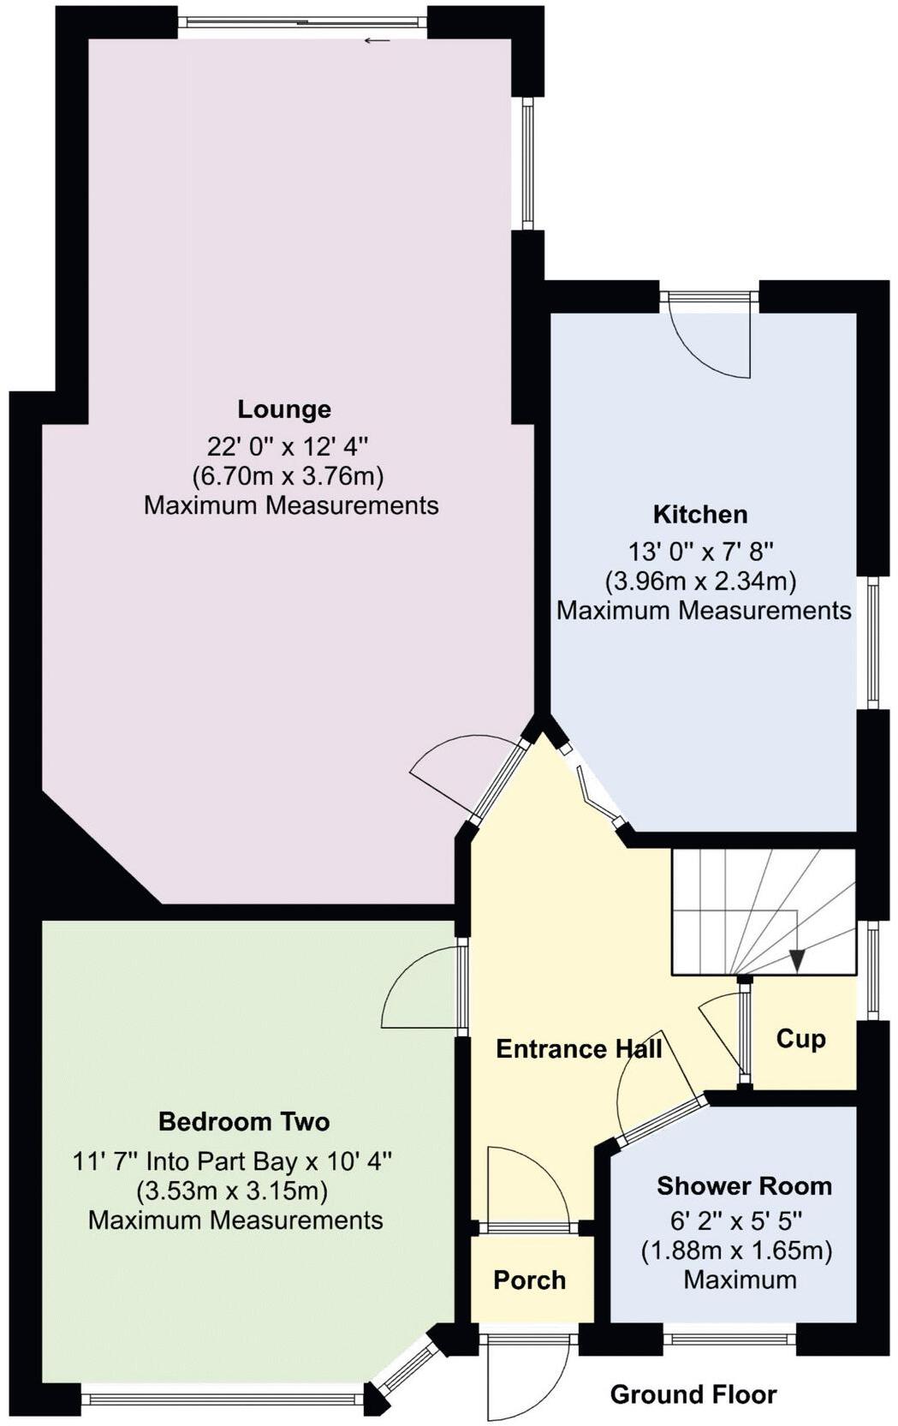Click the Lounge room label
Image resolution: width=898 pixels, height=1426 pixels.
[284, 409]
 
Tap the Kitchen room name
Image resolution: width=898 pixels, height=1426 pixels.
[700, 515]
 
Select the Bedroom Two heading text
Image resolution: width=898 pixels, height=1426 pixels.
[244, 1121]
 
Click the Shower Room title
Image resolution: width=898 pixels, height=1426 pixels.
[744, 1186]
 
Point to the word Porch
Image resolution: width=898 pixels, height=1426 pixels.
[529, 1280]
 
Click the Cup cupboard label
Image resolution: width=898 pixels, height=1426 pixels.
[800, 1039]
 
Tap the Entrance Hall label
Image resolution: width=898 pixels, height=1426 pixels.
[579, 1049]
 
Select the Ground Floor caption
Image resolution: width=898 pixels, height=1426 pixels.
[693, 1394]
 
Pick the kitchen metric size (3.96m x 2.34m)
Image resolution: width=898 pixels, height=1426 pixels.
[700, 582]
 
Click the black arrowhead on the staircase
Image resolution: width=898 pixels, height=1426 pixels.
[797, 961]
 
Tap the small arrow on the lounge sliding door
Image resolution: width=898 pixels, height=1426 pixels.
[378, 40]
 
